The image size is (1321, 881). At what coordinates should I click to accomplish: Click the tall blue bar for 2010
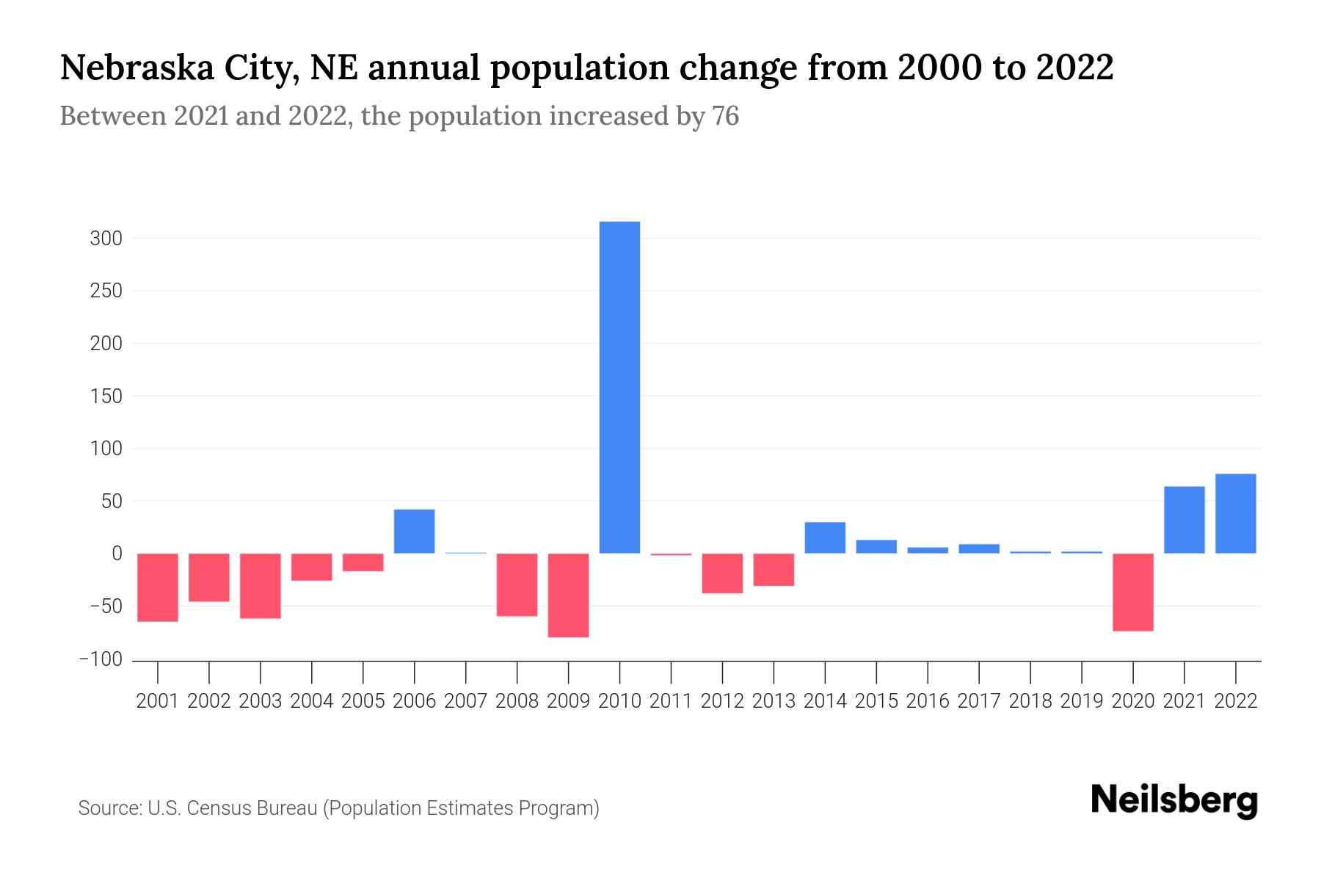[619, 387]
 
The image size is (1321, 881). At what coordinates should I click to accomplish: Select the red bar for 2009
[568, 595]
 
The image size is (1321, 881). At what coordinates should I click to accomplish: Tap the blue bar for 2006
[414, 531]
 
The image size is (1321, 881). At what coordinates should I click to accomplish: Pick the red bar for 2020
[1132, 592]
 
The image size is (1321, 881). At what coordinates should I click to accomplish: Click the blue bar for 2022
[1235, 513]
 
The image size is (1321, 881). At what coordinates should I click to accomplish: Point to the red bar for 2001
[158, 587]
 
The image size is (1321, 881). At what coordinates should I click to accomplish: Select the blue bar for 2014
[825, 537]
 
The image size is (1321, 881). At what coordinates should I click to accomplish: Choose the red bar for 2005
[363, 562]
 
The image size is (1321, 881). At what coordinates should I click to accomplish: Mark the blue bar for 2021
[1184, 520]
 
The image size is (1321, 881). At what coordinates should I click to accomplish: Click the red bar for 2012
[722, 573]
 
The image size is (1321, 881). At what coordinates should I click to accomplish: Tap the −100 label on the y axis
[101, 659]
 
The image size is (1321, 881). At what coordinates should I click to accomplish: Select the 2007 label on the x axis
[465, 701]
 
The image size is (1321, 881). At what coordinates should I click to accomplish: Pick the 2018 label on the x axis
[1030, 701]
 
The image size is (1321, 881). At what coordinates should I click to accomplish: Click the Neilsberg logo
[1173, 801]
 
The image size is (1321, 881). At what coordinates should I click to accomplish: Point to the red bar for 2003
[261, 585]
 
